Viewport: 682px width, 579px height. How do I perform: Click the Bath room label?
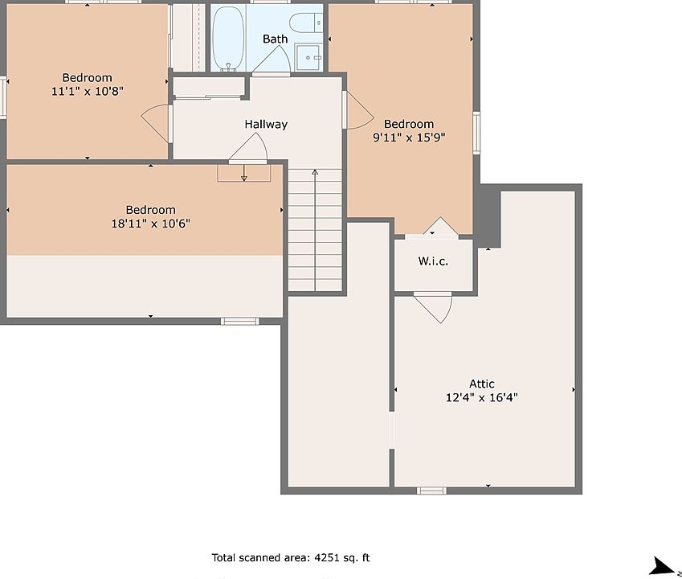[275, 39]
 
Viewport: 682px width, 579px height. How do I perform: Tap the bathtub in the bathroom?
[228, 38]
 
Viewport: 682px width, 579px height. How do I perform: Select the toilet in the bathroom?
[305, 23]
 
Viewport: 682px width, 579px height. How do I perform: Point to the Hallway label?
[266, 124]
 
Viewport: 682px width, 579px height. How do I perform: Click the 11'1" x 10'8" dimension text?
[88, 92]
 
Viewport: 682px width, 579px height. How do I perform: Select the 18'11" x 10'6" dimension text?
[150, 224]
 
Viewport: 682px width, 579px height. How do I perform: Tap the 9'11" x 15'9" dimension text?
[409, 138]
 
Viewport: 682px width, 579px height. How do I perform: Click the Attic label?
[481, 384]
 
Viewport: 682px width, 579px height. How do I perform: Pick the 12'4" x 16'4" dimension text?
[481, 397]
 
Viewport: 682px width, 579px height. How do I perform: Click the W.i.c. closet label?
[433, 261]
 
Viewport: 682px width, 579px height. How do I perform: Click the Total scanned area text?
[291, 557]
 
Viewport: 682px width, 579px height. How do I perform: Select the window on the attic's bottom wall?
[431, 491]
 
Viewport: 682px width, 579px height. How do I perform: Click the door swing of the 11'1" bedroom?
[155, 123]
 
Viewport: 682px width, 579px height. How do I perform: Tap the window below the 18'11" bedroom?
[239, 322]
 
